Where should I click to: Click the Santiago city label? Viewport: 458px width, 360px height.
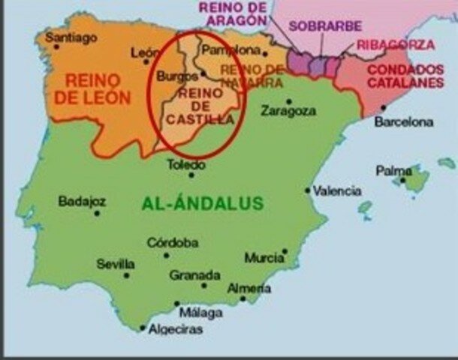[71, 37]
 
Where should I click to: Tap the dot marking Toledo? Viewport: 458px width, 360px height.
[191, 175]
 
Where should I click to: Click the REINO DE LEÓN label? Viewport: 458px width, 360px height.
[98, 88]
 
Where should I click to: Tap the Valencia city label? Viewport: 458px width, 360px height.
[337, 190]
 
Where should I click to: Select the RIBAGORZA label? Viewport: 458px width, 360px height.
[395, 44]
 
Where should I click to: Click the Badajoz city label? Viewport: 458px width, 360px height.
[82, 201]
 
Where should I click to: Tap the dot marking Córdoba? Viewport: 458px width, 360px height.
[167, 255]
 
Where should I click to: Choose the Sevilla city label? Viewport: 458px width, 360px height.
[116, 264]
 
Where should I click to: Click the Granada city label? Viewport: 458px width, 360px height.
[194, 275]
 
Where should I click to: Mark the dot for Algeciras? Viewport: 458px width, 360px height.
[143, 327]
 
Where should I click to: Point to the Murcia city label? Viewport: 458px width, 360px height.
[264, 258]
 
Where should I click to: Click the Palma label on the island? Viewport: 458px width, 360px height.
[393, 171]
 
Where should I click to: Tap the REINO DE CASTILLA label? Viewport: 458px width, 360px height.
[198, 106]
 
